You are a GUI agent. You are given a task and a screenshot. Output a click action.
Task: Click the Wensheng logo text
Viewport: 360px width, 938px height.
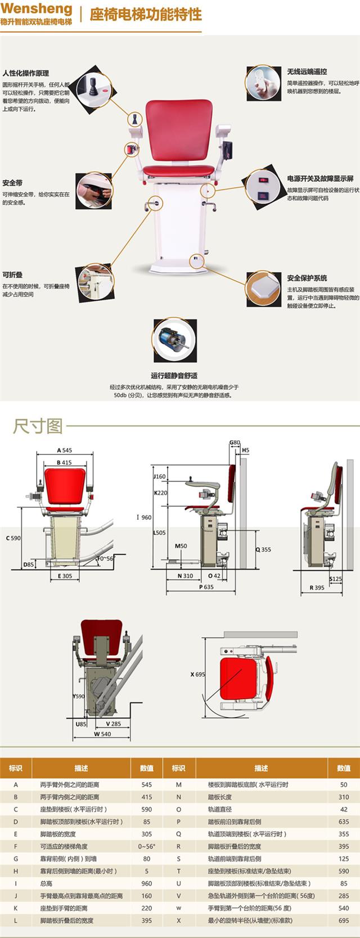[37, 9]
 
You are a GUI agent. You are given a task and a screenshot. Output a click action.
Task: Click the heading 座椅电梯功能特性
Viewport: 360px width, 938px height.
[145, 15]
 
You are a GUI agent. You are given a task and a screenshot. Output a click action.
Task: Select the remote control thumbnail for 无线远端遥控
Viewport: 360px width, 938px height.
[263, 83]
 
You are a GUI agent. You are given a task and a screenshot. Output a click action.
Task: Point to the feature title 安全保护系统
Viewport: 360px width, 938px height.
[307, 278]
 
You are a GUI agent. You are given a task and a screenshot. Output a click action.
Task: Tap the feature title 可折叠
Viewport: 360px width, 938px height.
[12, 275]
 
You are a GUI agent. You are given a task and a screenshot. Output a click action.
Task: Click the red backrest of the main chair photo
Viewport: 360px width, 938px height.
[178, 129]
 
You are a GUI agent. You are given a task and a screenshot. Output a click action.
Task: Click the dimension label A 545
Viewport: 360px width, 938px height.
[64, 450]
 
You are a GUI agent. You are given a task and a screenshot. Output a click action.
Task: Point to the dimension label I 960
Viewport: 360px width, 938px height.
[144, 517]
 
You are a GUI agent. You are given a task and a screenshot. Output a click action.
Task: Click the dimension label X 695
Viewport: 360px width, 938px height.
[197, 674]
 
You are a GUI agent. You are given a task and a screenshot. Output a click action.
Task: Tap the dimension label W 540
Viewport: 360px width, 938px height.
[102, 734]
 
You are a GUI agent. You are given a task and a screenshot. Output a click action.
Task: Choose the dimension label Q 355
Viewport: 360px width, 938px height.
[263, 549]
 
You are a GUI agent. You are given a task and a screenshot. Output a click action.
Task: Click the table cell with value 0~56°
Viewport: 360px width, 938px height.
[146, 846]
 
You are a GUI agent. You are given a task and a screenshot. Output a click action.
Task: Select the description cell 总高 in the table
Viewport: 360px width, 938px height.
[46, 883]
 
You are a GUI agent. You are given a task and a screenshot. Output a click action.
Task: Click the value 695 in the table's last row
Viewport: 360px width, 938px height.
[343, 921]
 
